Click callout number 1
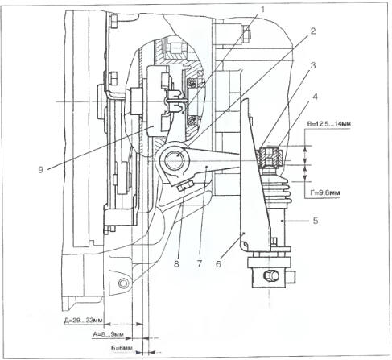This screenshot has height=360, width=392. pyautogui.click(x=262, y=10)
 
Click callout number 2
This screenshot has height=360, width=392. pyautogui.click(x=313, y=31)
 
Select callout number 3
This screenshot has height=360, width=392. pyautogui.click(x=313, y=65)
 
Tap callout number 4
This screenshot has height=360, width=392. pyautogui.click(x=315, y=97)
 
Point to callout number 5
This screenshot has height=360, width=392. pyautogui.click(x=316, y=221)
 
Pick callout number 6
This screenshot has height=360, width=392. pyautogui.click(x=218, y=264)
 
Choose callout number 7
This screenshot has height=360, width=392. pyautogui.click(x=199, y=263)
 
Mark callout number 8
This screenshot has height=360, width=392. pyautogui.click(x=176, y=264)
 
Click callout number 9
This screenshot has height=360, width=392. pyautogui.click(x=40, y=170)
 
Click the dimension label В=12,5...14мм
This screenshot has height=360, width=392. pyautogui.click(x=329, y=124)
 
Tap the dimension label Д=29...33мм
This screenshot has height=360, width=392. pyautogui.click(x=83, y=321)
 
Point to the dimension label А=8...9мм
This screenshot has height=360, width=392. pyautogui.click(x=108, y=334)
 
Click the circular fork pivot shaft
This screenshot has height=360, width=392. pyautogui.click(x=173, y=160)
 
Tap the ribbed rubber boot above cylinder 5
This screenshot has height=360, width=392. pyautogui.click(x=276, y=188)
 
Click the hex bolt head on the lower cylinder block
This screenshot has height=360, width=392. pyautogui.click(x=270, y=275)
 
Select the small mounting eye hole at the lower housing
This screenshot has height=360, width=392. pyautogui.click(x=124, y=283)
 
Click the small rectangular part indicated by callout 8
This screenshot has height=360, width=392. pyautogui.click(x=185, y=185)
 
